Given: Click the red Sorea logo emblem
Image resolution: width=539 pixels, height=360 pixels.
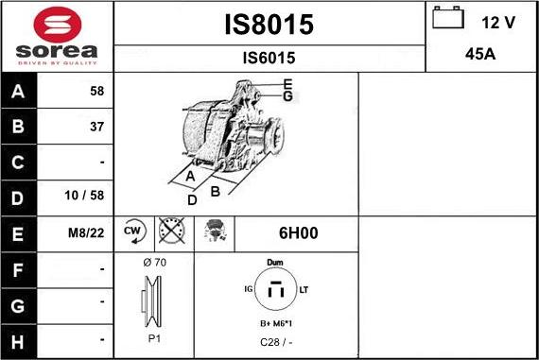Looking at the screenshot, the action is (58, 25).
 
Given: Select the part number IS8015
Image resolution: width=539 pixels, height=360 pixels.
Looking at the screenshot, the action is (269, 25).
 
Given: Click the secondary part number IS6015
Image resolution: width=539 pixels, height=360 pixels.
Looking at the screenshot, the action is (269, 58).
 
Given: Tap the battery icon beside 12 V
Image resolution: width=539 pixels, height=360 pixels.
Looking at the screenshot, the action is (448, 18).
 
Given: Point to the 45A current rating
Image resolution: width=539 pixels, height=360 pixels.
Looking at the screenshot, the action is (480, 54).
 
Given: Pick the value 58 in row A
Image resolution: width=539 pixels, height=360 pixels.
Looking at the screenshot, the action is (97, 91).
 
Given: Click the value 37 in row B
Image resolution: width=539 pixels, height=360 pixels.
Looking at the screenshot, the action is (97, 127).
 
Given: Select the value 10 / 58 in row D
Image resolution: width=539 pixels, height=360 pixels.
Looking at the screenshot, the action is (84, 196).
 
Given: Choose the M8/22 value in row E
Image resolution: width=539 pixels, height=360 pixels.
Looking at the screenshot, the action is (86, 232).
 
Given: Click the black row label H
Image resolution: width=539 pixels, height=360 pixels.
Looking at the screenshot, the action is (18, 342).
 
